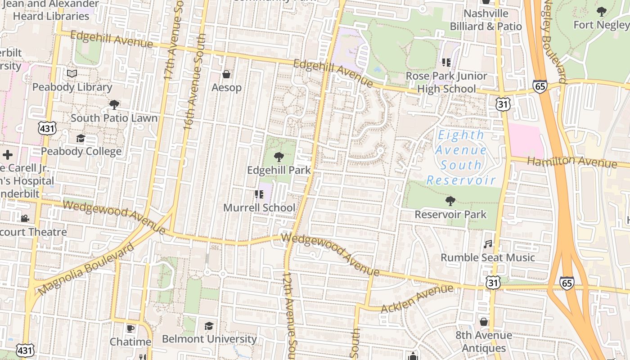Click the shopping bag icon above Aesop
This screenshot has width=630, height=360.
coord(226,74)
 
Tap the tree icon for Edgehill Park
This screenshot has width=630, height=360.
coord(279,157)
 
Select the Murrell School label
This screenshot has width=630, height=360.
coord(259,208)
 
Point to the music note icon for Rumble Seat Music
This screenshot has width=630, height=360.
coord(488,244)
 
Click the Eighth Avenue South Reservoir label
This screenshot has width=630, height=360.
coord(461,157)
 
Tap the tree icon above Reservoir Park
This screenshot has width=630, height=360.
coord(450,201)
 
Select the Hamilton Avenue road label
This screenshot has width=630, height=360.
coord(571,162)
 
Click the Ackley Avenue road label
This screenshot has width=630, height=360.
coord(417,299)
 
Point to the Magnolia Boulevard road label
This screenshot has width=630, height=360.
coord(85,270)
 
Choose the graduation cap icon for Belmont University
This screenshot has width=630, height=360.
coord(209,326)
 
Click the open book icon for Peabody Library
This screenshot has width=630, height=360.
coord(72,74)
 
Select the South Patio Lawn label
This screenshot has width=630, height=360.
coord(114,118)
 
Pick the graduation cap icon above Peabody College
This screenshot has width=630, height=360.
coord(81,138)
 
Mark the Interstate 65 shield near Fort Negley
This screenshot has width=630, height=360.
coord(540,86)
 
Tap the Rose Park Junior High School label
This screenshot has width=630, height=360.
coord(446,82)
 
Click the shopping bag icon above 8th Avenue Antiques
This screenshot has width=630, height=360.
coord(484,322)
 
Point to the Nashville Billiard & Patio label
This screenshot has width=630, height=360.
coord(486,20)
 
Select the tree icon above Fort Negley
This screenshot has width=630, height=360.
coord(601,12)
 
